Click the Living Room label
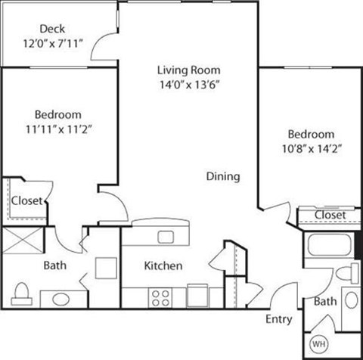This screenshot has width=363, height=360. [x=188, y=70]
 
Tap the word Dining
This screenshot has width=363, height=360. [x=223, y=176]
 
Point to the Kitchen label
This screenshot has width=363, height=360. [x=163, y=265]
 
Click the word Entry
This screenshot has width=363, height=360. [x=278, y=319]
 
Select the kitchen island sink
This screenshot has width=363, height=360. [x=165, y=236]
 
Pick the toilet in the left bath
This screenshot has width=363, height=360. [x=22, y=292]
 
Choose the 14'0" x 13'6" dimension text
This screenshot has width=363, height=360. [x=188, y=85]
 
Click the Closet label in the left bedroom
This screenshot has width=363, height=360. [x=26, y=200]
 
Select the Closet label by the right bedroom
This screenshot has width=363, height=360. [x=330, y=215]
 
